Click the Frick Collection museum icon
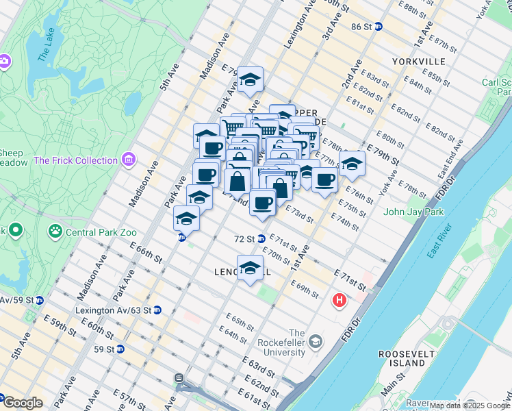click(x=128, y=160)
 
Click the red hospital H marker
click(x=339, y=300)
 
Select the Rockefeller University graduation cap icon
click(x=316, y=340)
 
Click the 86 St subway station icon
click(x=378, y=27)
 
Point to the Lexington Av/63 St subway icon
click(x=157, y=310)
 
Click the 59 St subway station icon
click(x=120, y=349)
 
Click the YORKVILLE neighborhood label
click(x=419, y=62)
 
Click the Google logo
click(x=23, y=403)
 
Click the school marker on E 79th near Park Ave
click(x=251, y=80)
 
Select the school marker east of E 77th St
click(x=352, y=164)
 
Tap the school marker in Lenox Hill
click(x=250, y=268)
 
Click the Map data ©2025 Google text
click(x=470, y=406)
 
